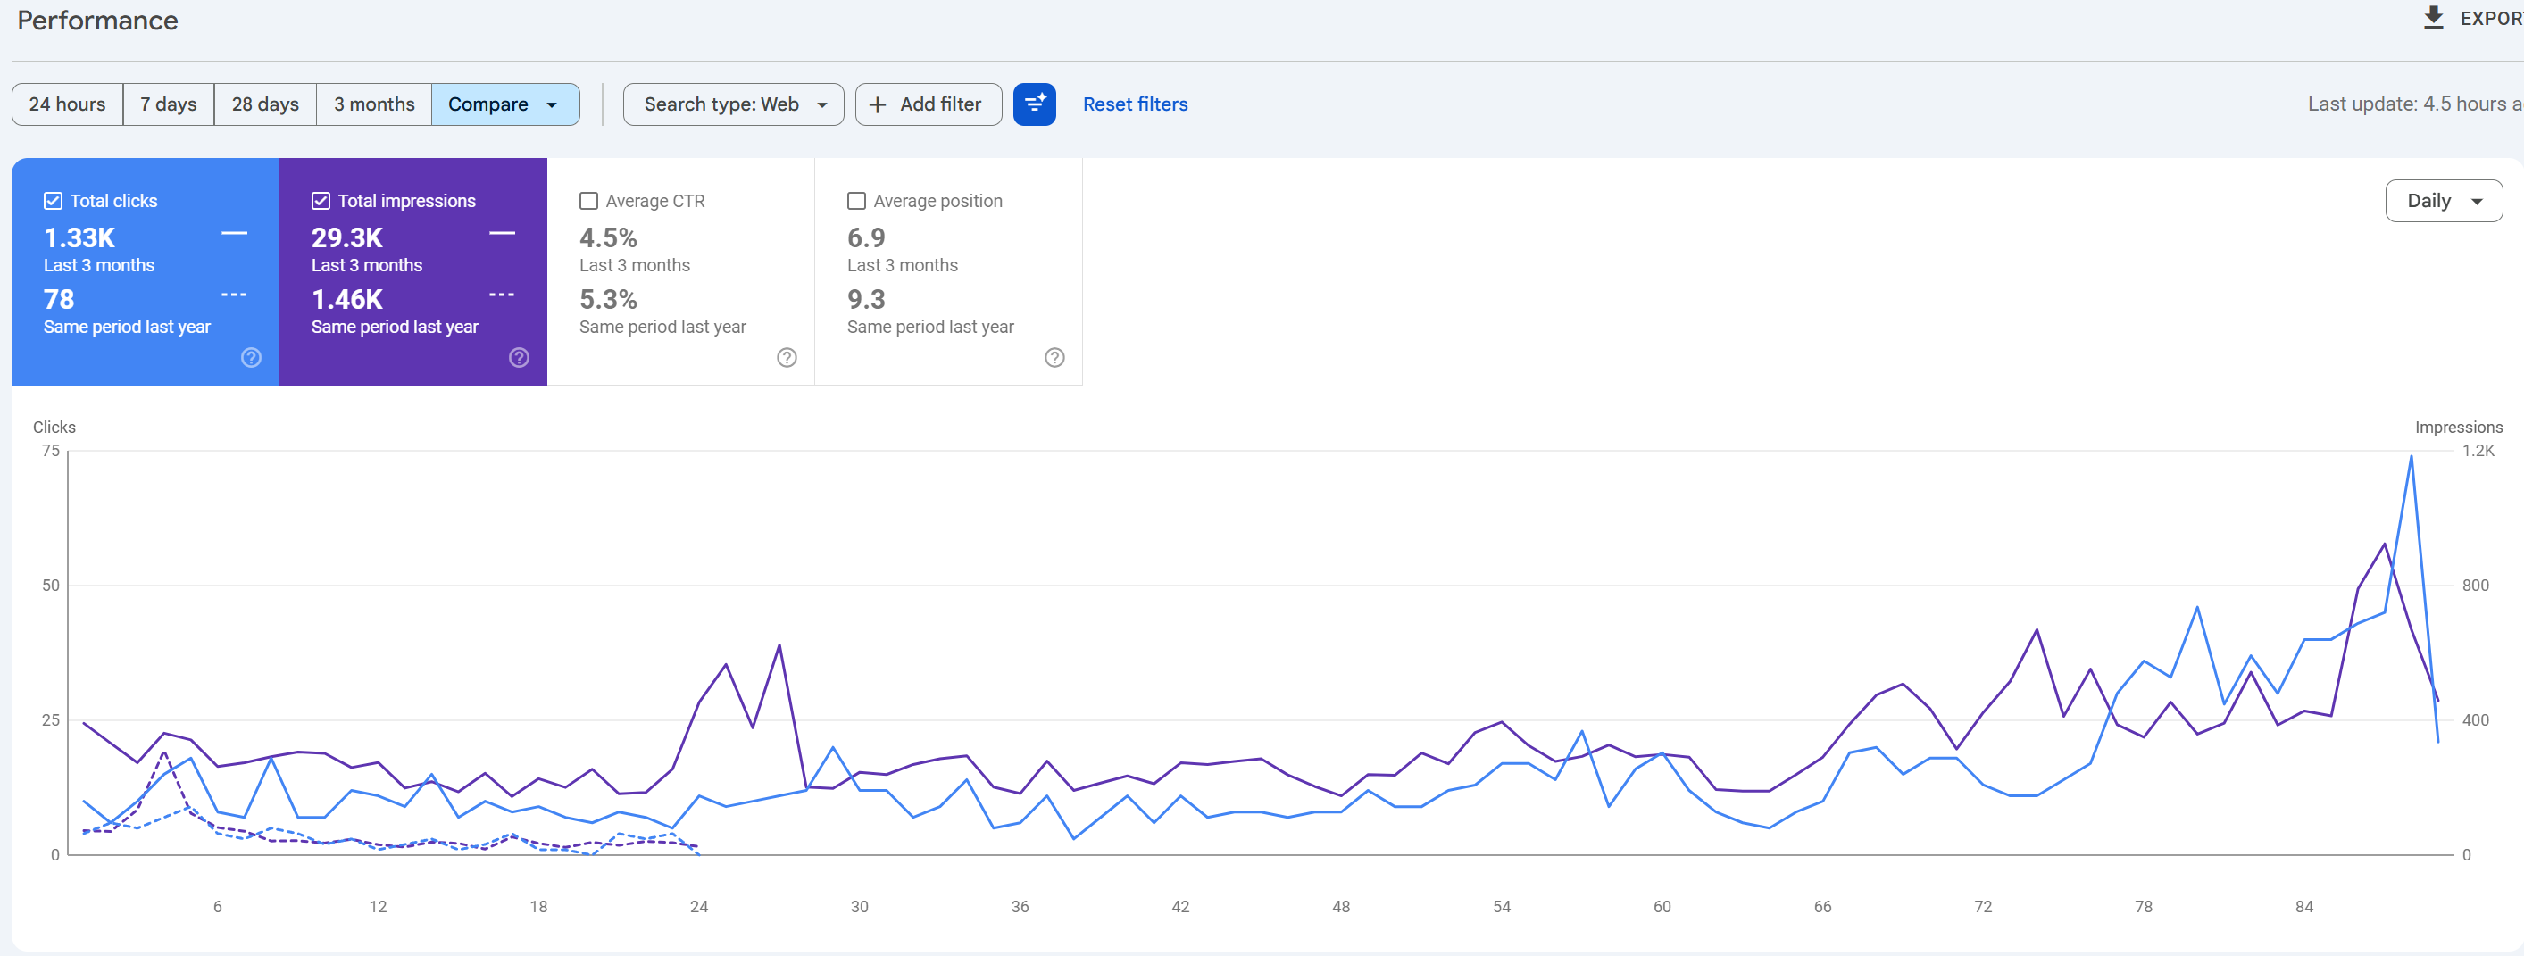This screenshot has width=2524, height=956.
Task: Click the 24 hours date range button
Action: pos(68,104)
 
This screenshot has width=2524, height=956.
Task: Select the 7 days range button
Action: pos(169,104)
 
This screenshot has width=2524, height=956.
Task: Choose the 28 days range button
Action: pos(265,104)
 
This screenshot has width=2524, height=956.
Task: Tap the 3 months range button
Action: pos(374,104)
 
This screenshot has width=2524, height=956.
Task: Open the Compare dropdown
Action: pos(505,104)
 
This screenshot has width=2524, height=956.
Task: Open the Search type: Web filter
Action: pos(734,104)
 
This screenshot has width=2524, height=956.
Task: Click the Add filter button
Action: pos(928,104)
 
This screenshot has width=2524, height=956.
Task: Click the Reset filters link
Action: pos(1135,104)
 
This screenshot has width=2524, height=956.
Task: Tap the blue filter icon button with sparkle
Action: pos(1035,104)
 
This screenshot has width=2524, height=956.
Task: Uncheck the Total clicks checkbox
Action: pos(53,201)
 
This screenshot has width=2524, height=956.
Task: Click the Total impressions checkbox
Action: pos(321,201)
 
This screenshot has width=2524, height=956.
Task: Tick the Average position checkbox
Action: pos(856,201)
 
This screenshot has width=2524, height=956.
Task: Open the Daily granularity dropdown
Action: pos(2444,201)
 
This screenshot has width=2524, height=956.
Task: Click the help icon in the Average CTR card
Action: pos(787,358)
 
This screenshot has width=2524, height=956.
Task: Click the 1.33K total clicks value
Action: pos(79,238)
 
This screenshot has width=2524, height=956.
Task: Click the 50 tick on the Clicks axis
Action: pos(51,586)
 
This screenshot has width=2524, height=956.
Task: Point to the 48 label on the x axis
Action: pos(1341,907)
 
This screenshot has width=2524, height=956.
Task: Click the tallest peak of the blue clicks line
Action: pos(2412,456)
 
